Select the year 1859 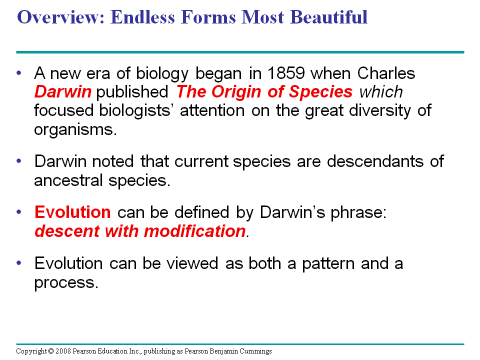click(x=286, y=73)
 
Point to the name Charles click(x=386, y=73)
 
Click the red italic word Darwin click(x=63, y=92)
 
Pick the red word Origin click(x=236, y=92)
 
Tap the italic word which click(x=381, y=92)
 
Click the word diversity click(x=380, y=111)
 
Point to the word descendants click(x=375, y=161)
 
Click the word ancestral click(x=68, y=180)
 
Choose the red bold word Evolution click(x=72, y=212)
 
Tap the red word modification click(x=194, y=231)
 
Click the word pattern click(x=328, y=264)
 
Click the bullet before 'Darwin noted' click(x=19, y=161)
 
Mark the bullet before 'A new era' click(x=19, y=73)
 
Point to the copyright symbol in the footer click(x=51, y=351)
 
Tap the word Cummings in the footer click(x=255, y=351)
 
